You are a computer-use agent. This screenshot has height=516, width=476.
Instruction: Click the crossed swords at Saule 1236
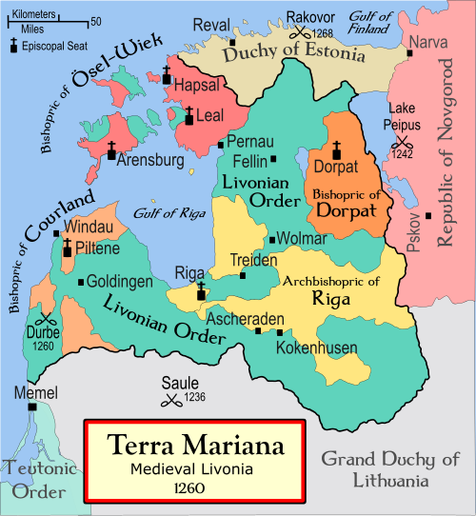point(172,400)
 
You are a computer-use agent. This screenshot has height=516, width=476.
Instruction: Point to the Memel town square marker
point(33,407)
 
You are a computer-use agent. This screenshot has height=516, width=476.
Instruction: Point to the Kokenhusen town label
point(309,348)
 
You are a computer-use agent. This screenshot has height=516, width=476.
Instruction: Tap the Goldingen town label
point(119,283)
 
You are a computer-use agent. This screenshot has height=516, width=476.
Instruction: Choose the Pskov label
point(413,232)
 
